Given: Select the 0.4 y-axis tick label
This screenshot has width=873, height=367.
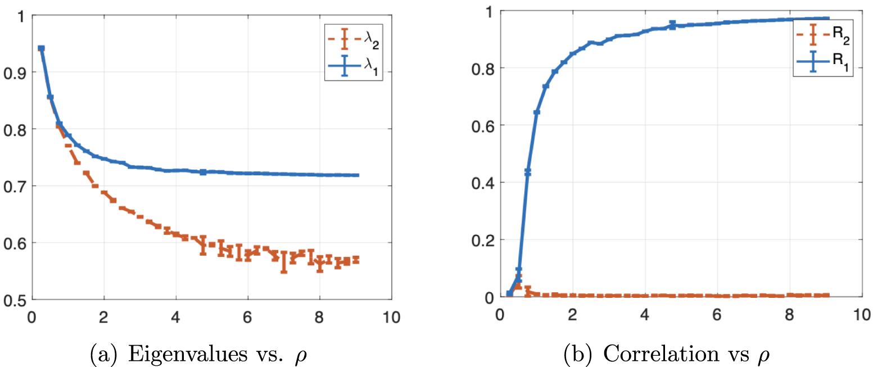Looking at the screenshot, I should click(478, 183).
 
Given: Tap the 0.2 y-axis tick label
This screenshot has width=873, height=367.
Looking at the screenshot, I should click(478, 240).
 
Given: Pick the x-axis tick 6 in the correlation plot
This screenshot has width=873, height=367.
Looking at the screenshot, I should click(716, 315).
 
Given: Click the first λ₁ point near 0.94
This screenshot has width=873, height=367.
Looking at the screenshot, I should click(41, 49).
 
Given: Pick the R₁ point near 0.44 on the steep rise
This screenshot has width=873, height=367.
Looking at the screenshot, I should click(527, 171).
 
